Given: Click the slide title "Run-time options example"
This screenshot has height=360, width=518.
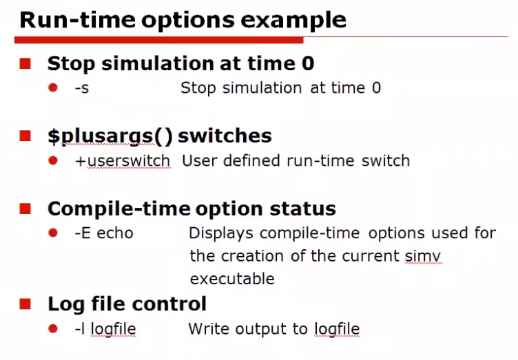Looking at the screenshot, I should [183, 19].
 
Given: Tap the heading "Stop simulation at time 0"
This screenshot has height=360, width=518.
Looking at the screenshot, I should [180, 64].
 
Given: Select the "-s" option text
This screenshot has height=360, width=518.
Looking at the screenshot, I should [82, 88].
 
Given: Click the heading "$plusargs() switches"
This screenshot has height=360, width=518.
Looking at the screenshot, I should [159, 136].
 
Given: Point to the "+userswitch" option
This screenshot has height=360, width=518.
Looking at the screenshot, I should [123, 161].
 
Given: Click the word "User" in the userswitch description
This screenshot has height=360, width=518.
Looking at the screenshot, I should [196, 161].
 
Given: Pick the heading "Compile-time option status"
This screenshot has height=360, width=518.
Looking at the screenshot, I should [191, 209].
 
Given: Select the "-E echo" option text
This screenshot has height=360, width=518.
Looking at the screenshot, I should [104, 233].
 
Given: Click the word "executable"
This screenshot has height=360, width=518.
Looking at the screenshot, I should [232, 279].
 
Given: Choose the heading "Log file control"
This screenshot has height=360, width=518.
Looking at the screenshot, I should [127, 303].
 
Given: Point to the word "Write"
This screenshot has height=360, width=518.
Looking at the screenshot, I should [209, 329].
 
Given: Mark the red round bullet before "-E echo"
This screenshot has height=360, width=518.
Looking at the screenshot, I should [54, 233].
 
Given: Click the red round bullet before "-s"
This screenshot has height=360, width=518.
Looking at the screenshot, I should [54, 88].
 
